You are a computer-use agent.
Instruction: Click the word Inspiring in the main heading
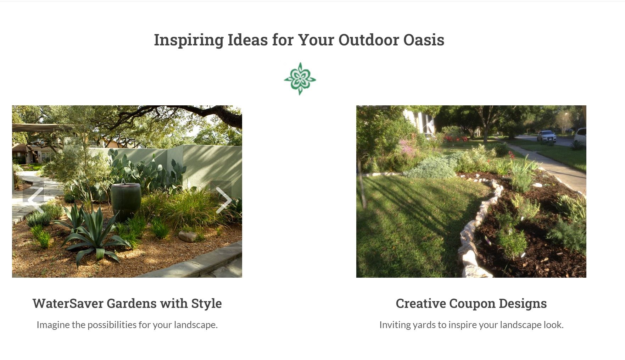click(189, 40)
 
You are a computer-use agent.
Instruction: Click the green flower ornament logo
click(300, 79)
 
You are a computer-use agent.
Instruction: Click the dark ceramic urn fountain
click(125, 200)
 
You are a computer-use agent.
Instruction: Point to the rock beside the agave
click(187, 236)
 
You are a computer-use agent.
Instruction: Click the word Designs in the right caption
click(523, 304)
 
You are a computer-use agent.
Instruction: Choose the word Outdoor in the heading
click(369, 40)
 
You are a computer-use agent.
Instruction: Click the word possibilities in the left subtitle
click(112, 325)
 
